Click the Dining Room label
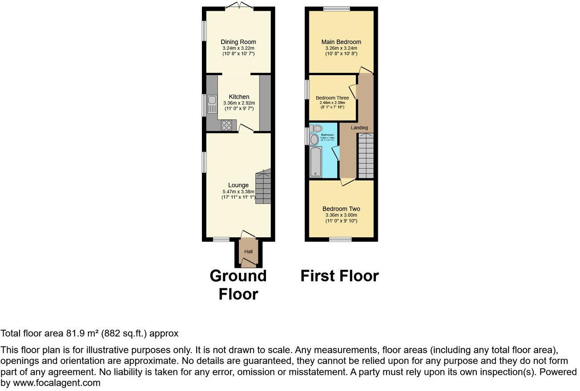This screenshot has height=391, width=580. click(239, 42)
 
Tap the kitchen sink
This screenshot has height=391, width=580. click(211, 104)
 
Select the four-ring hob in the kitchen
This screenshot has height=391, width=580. click(226, 125)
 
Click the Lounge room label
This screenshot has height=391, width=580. click(238, 185)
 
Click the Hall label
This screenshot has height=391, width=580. click(248, 252)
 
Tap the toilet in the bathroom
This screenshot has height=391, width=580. click(316, 128)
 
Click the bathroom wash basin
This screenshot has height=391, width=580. click(314, 140)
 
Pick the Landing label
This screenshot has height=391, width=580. click(359, 128)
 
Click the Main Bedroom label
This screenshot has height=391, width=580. click(341, 42)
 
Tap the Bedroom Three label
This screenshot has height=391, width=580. click(332, 98)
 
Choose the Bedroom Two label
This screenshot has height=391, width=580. click(341, 209)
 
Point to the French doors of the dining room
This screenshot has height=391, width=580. click(239, 6)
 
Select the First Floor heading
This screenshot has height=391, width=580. click(339, 276)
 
